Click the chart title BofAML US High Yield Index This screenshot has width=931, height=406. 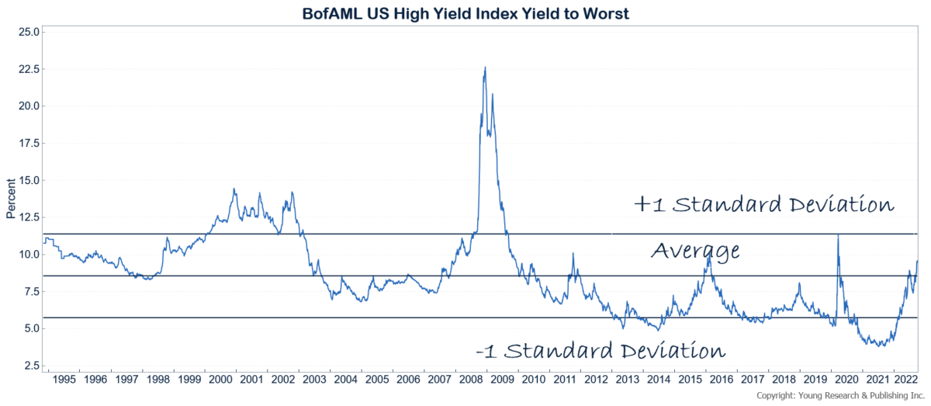tap(465, 13)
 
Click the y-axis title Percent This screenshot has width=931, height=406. tap(10, 200)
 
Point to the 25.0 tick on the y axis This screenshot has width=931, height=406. tap(27, 32)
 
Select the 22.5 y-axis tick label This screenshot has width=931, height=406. tap(27, 69)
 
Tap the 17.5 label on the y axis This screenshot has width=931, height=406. tap(27, 143)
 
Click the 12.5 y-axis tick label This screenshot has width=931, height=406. tap(27, 217)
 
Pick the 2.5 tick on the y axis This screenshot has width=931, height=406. tap(30, 366)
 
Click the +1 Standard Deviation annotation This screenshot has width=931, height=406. tap(764, 205)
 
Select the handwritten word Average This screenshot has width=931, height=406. tap(694, 251)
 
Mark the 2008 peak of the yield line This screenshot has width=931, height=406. tap(485, 68)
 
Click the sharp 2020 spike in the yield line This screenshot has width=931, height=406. tap(837, 234)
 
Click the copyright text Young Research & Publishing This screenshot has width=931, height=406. tap(841, 396)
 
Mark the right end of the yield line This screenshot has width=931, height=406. tap(918, 261)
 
